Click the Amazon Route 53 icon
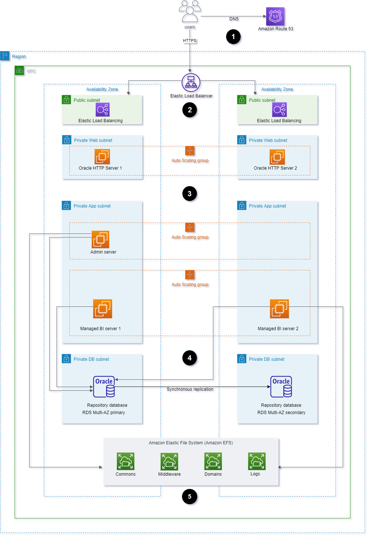pos(275,16)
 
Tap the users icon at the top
pos(190,12)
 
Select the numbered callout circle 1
pos(233,37)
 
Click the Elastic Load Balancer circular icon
pos(191,83)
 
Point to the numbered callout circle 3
pos(189,194)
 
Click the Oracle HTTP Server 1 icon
pos(102,157)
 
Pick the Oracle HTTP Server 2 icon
pos(277,157)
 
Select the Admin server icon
pos(100,240)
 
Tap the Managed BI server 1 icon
pos(102,309)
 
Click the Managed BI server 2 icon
pos(279,309)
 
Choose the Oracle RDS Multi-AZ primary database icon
pos(104,387)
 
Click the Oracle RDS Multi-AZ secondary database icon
pos(281,387)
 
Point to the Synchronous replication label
pos(190,389)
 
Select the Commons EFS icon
pos(125,461)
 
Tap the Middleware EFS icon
pos(169,461)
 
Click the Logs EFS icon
pos(257,461)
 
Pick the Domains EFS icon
pos(213,461)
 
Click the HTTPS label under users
pos(190,40)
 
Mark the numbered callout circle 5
pos(189,497)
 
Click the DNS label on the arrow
pos(234,19)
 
